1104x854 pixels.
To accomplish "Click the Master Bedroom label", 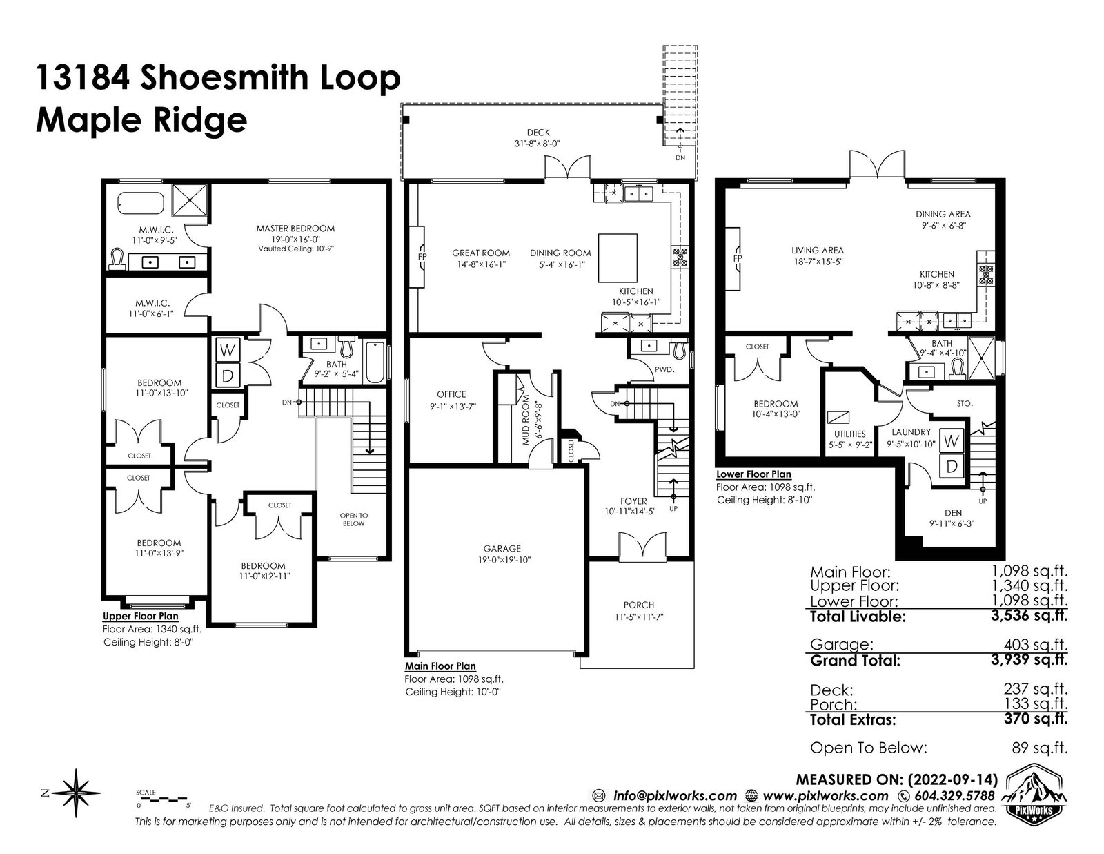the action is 295,229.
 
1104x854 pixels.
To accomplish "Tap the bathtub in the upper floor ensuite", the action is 141,203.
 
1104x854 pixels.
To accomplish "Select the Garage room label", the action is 502,548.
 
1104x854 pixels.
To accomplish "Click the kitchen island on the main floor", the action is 618,258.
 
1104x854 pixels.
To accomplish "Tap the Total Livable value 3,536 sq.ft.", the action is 1029,616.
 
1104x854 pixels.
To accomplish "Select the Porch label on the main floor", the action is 639,605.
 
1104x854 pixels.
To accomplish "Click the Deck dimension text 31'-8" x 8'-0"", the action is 537,144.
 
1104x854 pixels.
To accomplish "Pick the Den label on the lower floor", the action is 953,513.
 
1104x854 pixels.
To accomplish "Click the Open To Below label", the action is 353,520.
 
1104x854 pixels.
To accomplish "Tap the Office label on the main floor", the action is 451,394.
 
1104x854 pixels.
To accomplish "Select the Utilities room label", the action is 849,434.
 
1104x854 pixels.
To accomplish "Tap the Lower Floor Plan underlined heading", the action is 753,474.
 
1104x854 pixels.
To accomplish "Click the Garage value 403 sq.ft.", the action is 1036,645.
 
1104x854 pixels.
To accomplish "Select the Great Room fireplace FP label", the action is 422,257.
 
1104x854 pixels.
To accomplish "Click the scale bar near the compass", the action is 163,799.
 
